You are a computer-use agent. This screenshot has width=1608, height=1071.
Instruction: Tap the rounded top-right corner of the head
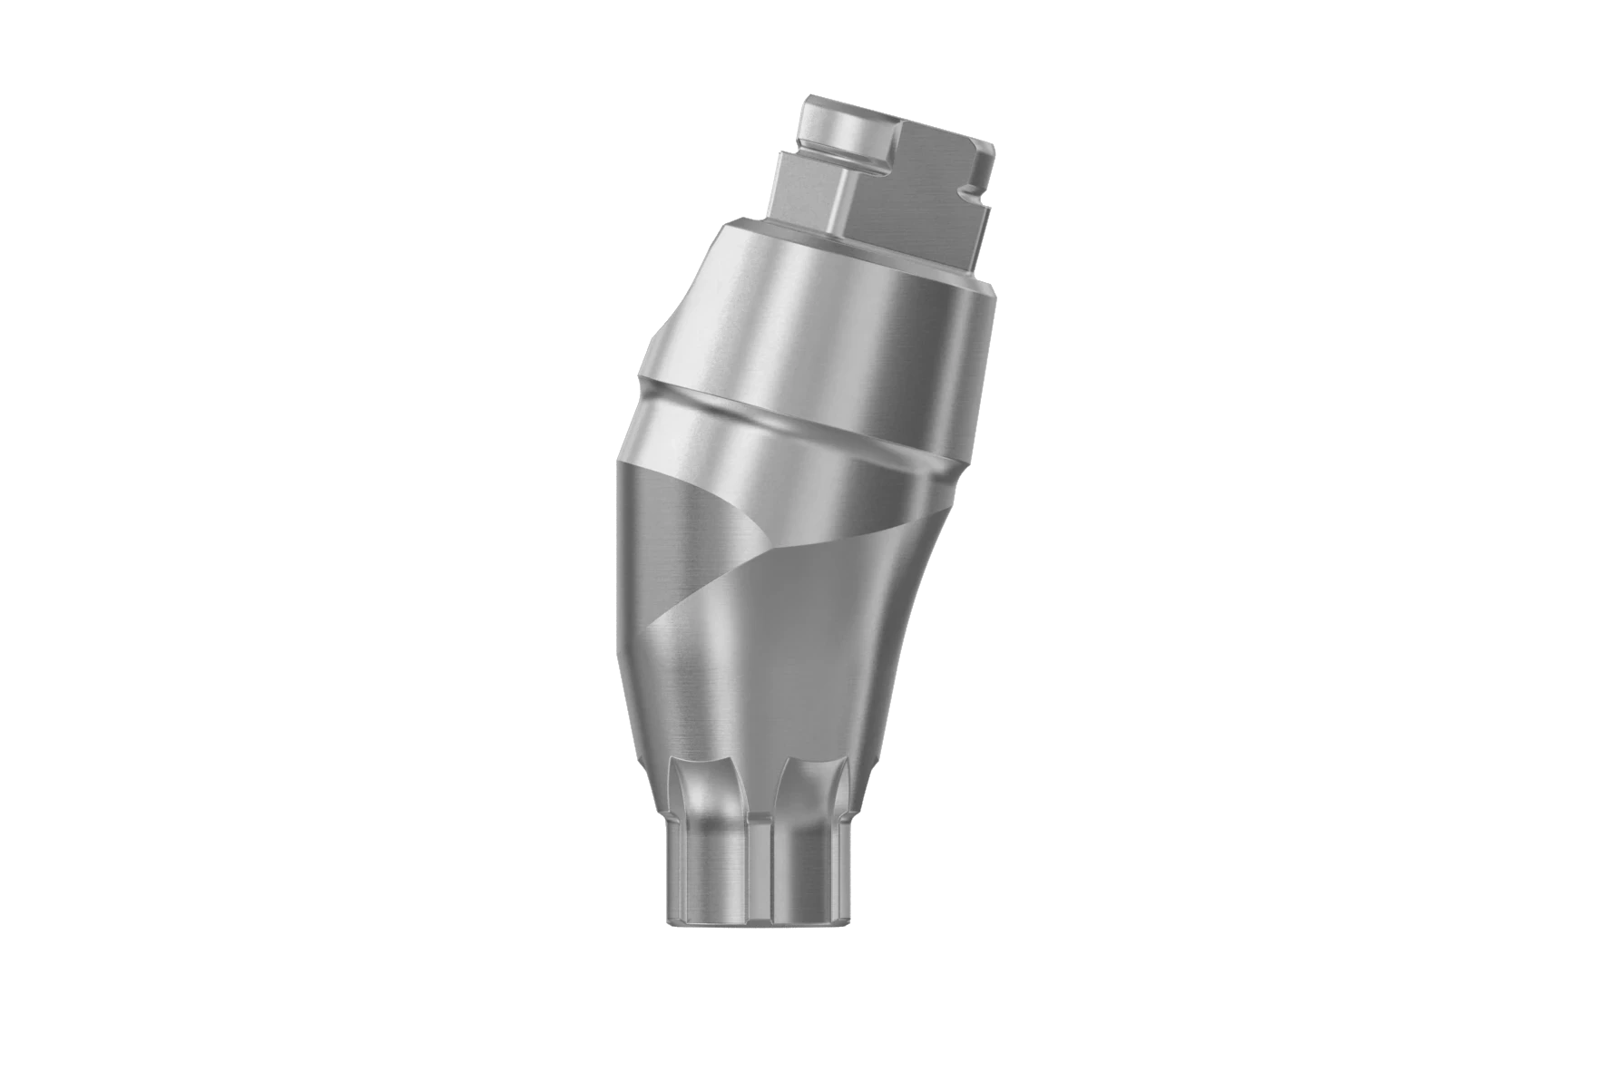(985, 145)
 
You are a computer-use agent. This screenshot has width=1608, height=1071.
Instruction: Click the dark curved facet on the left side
(672, 544)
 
